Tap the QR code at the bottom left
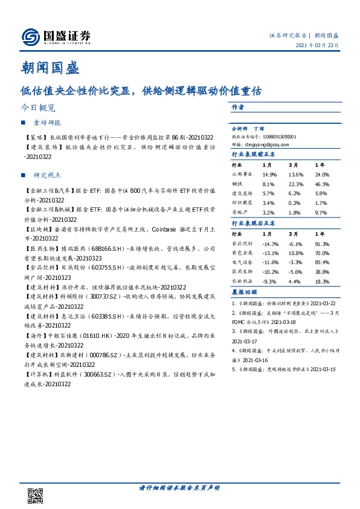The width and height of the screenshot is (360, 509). [x=36, y=498]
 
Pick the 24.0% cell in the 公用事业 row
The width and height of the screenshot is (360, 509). [x=322, y=173]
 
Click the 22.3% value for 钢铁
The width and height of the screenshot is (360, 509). [x=297, y=183]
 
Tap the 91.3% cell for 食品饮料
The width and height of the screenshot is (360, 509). [x=322, y=244]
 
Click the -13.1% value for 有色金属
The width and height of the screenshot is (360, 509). [x=270, y=253]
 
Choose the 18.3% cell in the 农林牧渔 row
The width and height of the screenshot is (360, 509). [x=322, y=282]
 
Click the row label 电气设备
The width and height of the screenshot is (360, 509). [x=243, y=263]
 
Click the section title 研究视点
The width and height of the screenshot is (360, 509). [x=48, y=175]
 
